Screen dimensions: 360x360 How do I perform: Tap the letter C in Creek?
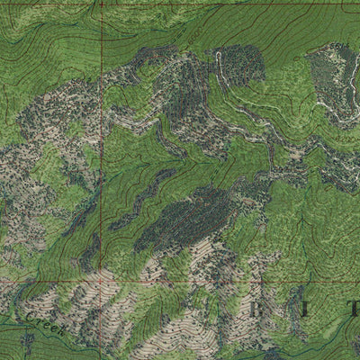(31, 318)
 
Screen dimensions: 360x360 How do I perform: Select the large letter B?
(263, 310)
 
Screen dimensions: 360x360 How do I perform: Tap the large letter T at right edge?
(353, 309)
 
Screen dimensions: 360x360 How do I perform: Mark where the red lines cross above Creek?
(102, 280)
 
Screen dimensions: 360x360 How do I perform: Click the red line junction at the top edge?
(102, 4)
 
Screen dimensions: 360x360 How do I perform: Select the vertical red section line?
(102, 135)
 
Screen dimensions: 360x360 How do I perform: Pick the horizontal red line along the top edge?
(225, 4)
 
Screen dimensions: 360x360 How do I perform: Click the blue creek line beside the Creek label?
(18, 317)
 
